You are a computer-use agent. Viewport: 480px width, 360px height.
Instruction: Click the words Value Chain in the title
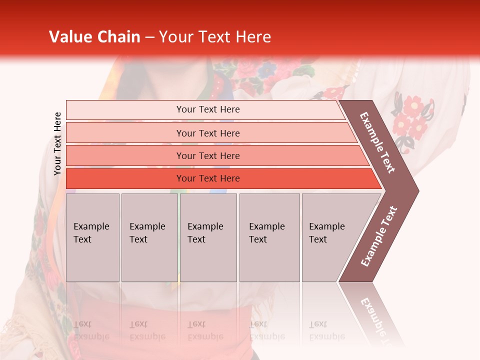coord(94,37)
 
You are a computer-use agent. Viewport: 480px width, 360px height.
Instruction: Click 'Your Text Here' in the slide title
coord(215,37)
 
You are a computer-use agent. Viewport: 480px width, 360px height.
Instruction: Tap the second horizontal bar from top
coord(208,133)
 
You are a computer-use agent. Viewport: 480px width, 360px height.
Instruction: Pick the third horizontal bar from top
coord(208,155)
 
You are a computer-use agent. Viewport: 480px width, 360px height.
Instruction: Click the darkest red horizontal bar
coord(208,178)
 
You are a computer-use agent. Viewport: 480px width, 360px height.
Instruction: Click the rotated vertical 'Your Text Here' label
coord(57,143)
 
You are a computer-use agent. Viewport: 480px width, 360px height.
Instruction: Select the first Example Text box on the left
coord(92,237)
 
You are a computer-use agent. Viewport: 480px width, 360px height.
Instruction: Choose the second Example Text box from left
coord(149,237)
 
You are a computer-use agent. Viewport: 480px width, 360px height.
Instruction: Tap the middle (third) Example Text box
coord(208,237)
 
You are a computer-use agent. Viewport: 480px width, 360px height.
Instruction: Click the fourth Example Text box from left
coord(269,237)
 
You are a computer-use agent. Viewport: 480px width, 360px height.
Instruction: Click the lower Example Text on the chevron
coord(379,236)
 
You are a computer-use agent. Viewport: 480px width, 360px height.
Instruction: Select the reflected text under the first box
coord(91,330)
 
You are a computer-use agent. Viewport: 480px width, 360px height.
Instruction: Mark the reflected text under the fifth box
coord(326,330)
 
